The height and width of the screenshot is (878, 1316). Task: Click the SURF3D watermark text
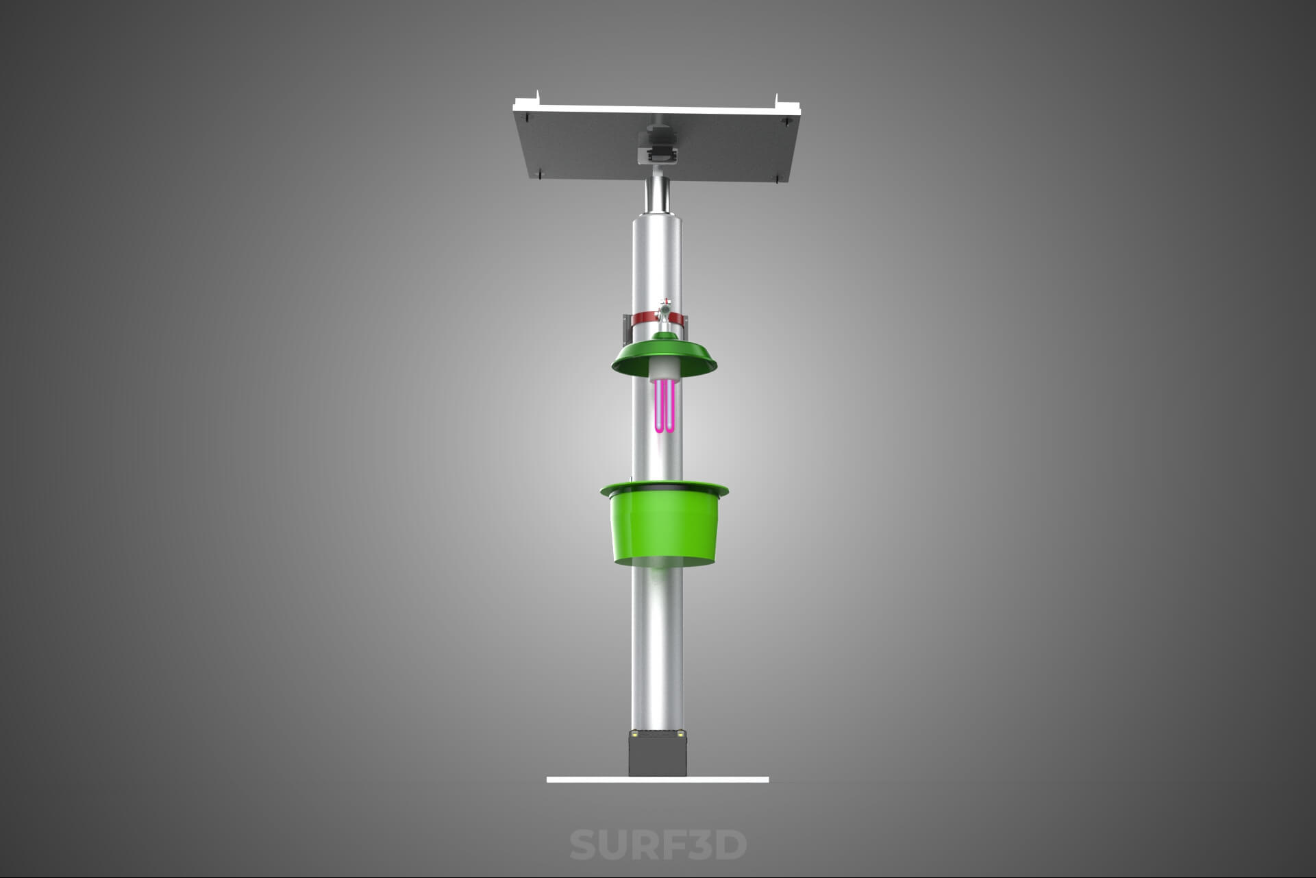pos(658,844)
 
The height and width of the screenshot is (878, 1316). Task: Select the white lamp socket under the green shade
pos(665,370)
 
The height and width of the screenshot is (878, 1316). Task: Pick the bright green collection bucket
pos(664,524)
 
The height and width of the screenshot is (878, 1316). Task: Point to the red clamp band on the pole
pos(658,319)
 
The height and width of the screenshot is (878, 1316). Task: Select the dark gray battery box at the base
pos(658,753)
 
